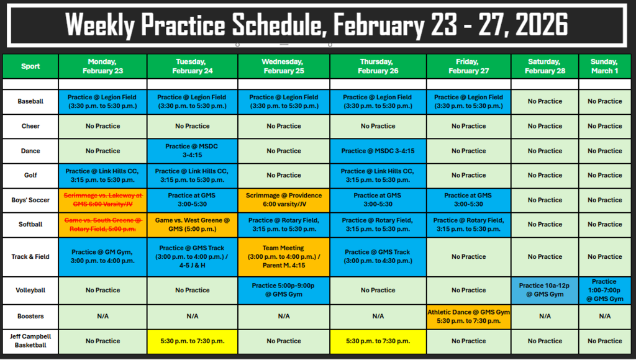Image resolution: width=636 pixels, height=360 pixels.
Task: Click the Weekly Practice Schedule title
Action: pyautogui.click(x=317, y=25)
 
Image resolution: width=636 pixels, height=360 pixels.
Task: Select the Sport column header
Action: pyautogui.click(x=30, y=66)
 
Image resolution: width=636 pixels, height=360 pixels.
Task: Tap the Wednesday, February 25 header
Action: pyautogui.click(x=283, y=66)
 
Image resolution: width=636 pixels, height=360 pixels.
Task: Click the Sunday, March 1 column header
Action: pyautogui.click(x=604, y=66)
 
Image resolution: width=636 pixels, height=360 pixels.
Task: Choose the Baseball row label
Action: pyautogui.click(x=30, y=101)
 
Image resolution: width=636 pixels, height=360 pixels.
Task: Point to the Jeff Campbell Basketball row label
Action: pyautogui.click(x=30, y=341)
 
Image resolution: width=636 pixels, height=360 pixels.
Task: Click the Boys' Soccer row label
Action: pyautogui.click(x=30, y=200)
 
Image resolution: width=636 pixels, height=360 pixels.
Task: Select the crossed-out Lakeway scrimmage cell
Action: pyautogui.click(x=103, y=200)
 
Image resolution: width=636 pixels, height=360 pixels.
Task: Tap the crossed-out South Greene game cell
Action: pyautogui.click(x=103, y=225)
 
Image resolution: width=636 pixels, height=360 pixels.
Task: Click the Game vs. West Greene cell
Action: pyautogui.click(x=193, y=225)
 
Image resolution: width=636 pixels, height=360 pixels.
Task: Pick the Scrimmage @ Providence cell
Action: pyautogui.click(x=283, y=200)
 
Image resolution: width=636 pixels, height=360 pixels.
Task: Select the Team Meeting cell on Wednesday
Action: pyautogui.click(x=283, y=256)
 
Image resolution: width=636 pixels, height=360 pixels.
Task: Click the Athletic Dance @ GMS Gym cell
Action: pyautogui.click(x=469, y=317)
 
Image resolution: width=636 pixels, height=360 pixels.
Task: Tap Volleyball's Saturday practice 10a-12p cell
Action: pyautogui.click(x=545, y=290)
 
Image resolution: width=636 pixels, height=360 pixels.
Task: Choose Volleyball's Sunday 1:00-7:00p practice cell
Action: pyautogui.click(x=604, y=290)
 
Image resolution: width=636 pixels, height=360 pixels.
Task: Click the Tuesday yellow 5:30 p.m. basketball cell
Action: pyautogui.click(x=193, y=341)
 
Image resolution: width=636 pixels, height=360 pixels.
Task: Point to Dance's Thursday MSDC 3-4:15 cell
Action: pyautogui.click(x=378, y=151)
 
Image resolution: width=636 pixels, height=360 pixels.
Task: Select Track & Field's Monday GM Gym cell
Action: pyautogui.click(x=103, y=256)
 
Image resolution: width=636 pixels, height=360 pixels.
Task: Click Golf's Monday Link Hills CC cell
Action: pyautogui.click(x=103, y=175)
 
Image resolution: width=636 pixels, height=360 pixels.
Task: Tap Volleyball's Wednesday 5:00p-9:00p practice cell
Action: pyautogui.click(x=283, y=290)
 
